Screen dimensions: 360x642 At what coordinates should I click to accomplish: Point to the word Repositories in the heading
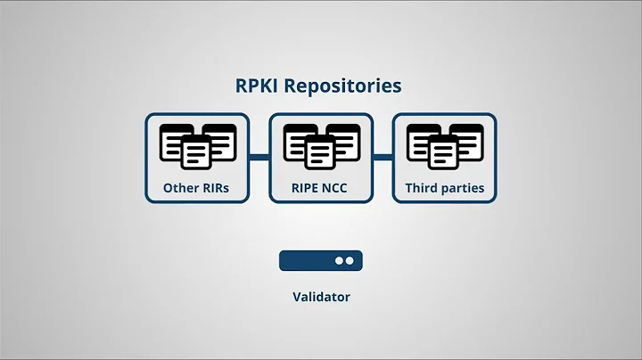pos(350,87)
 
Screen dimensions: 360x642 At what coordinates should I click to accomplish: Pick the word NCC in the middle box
pos(340,188)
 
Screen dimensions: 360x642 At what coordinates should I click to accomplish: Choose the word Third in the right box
pos(423,188)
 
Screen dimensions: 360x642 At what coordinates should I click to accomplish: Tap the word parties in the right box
pos(464,188)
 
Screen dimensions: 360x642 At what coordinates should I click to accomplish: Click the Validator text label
pos(321,297)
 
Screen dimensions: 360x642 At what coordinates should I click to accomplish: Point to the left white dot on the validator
pos(339,260)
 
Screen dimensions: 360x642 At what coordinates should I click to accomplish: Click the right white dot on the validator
pos(350,260)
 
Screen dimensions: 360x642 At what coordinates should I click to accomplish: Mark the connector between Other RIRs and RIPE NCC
pos(259,157)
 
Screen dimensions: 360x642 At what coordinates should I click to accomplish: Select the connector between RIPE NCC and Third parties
pos(383,157)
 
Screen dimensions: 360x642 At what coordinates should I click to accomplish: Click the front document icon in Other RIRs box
pos(197,153)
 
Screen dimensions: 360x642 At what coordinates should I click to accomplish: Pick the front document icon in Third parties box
pos(444,153)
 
